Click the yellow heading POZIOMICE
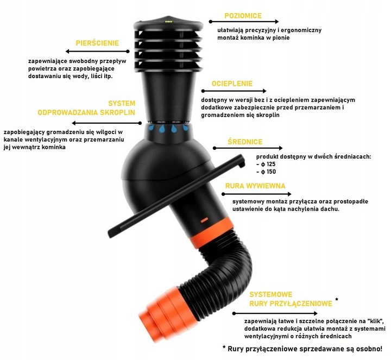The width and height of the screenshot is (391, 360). (x=243, y=16)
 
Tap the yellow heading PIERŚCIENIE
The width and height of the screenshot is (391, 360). (x=97, y=43)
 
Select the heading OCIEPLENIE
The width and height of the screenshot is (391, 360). (x=232, y=84)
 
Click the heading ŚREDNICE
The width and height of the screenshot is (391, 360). (x=245, y=142)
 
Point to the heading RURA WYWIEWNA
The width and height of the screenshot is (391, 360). (x=255, y=186)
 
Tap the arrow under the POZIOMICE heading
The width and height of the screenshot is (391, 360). (x=244, y=22)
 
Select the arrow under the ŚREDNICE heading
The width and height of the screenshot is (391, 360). (x=248, y=148)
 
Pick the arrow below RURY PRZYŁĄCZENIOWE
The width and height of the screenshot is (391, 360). (x=275, y=313)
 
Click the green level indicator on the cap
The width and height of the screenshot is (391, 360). (x=168, y=22)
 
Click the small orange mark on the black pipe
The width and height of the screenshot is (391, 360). (x=205, y=220)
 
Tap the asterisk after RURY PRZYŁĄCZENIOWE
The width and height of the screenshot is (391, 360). (x=337, y=299)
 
